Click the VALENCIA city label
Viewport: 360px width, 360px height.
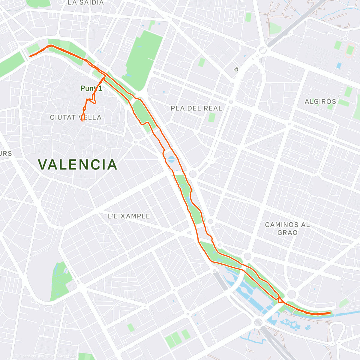coord(77,164)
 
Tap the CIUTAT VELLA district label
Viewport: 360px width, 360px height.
coord(76,117)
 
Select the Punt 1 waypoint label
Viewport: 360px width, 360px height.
coord(91,88)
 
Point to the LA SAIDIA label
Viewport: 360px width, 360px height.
coord(85,3)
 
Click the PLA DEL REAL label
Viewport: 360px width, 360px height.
coord(196,108)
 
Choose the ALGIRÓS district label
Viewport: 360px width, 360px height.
coord(320,101)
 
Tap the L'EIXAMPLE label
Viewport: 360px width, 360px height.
coord(129,216)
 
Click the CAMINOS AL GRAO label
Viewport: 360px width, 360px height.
coord(287,228)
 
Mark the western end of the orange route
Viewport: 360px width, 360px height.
coord(30,56)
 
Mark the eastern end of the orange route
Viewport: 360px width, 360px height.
coord(330,313)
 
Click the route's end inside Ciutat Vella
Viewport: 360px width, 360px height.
coord(82,121)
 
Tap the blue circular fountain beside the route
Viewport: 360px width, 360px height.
coord(171,159)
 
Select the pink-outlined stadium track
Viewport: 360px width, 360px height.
coord(350,50)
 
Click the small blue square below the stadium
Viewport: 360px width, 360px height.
coord(339,65)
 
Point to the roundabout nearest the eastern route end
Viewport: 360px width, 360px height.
coord(292,294)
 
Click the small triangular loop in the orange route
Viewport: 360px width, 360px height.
coord(280,300)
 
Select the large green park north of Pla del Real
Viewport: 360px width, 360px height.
coord(143,58)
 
